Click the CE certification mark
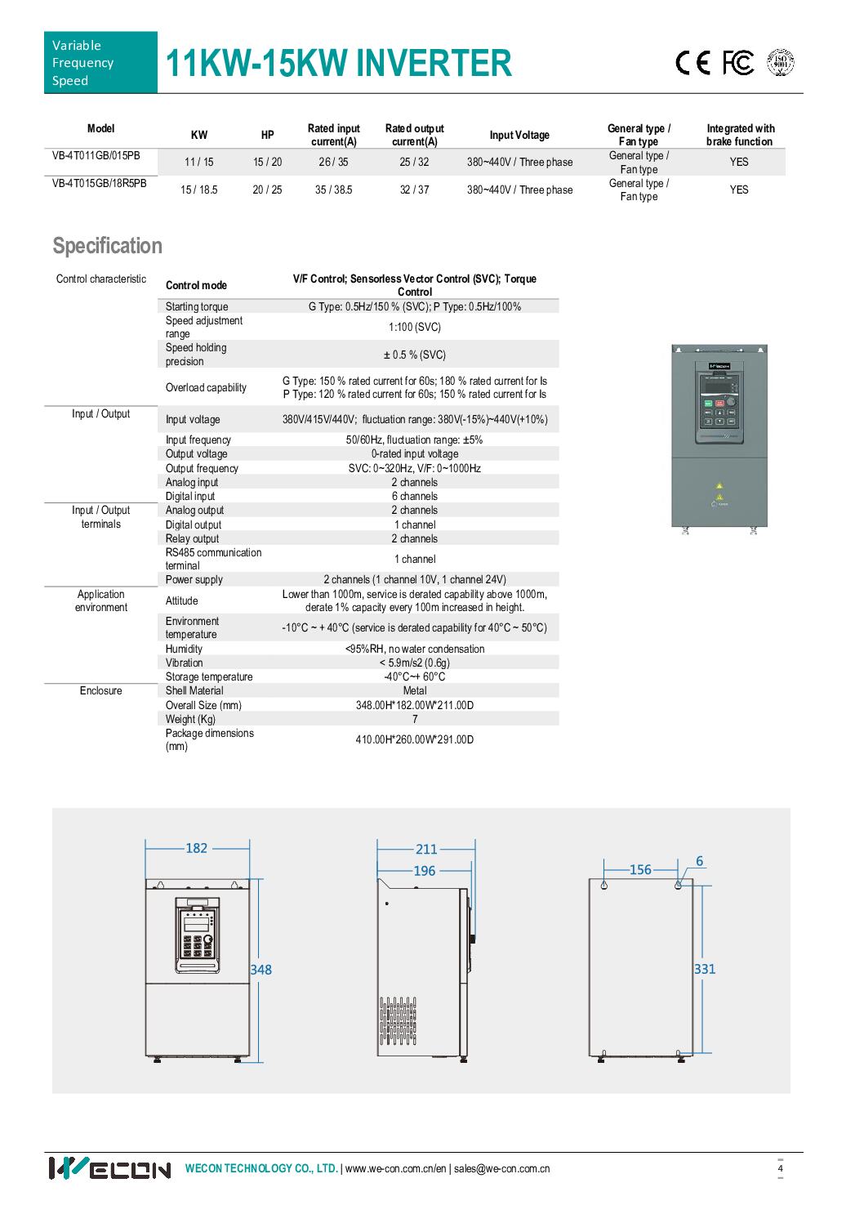pos(693,64)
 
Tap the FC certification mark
pos(737,63)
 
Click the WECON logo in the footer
pos(109,1168)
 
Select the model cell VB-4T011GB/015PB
pos(100,155)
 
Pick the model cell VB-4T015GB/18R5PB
pos(100,183)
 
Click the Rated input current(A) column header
pos(333,135)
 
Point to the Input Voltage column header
pos(519,135)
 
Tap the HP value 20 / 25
pos(267,190)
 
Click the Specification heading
pos(108,246)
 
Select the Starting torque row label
pos(197,306)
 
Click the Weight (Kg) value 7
pos(415,719)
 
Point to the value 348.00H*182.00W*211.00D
pos(415,705)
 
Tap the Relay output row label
pos(193,538)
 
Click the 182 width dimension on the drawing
pos(197,848)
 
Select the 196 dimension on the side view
pos(425,871)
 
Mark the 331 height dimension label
pos(705,969)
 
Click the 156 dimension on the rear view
pos(641,870)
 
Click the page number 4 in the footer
pos(780,1168)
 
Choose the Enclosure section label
pos(101,690)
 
